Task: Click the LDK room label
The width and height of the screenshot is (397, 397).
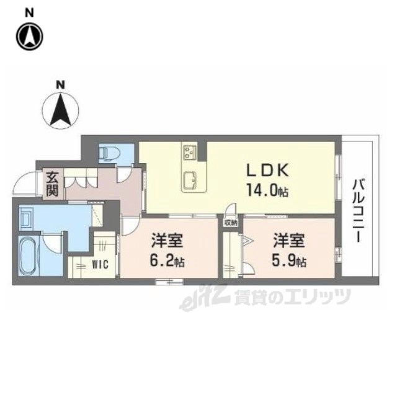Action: (x=267, y=171)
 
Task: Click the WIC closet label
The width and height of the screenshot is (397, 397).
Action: (x=100, y=265)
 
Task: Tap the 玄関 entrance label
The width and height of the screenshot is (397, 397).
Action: (x=53, y=184)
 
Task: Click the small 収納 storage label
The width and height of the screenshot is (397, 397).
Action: (x=230, y=223)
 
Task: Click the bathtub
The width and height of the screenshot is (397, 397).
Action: (x=29, y=256)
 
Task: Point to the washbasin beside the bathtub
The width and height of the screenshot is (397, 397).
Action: (x=26, y=218)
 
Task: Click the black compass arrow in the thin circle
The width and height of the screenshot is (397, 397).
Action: (x=60, y=110)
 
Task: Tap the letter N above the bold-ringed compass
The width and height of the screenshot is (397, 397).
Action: (x=29, y=13)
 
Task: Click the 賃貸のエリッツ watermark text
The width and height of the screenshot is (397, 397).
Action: (x=292, y=297)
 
